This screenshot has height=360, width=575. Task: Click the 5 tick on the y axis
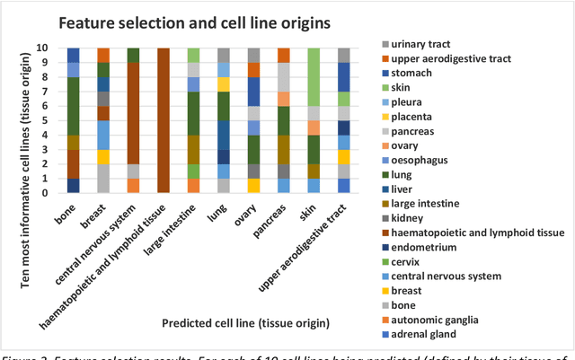coord(56,120)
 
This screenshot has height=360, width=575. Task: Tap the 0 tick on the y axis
coord(56,193)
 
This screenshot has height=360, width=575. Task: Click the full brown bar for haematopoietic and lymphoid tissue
coord(163,120)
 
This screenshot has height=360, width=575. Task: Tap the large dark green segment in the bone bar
coord(74,106)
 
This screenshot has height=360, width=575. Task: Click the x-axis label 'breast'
coord(93,214)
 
